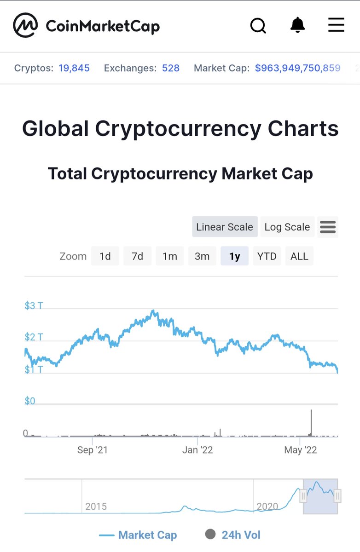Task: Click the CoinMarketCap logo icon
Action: coord(25,25)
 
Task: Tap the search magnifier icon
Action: coord(258,26)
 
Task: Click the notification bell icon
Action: coord(298,25)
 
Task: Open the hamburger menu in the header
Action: coord(336,25)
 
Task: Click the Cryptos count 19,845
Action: coord(74,68)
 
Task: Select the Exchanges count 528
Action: coord(170,68)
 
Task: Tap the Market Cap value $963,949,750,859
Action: coord(297,68)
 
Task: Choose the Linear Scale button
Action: coord(225,227)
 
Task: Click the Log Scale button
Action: coord(287,227)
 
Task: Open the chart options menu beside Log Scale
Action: coord(328,227)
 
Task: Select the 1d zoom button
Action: coord(105,256)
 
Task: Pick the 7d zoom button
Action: coord(137,256)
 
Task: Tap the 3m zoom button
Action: coord(202,256)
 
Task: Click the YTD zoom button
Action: coord(267,256)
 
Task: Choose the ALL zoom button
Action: coord(299,256)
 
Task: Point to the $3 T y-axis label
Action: coord(34,305)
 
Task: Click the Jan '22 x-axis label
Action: coord(197,450)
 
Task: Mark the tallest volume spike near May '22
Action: coord(311,421)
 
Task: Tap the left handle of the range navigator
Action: coord(303,496)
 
